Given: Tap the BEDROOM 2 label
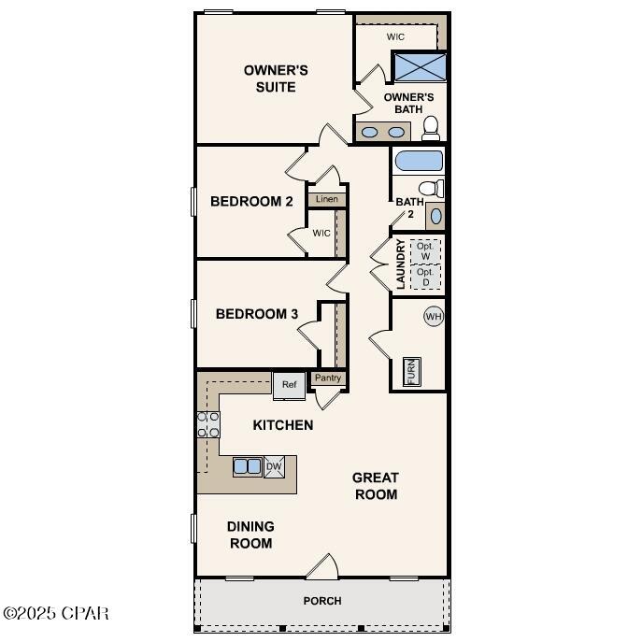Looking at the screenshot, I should click(251, 201).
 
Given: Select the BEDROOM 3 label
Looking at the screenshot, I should click(256, 314).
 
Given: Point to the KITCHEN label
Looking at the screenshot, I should click(282, 425).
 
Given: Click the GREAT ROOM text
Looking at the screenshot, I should click(376, 486).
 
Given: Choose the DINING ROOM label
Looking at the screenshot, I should click(250, 535).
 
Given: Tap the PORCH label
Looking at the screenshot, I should click(322, 601).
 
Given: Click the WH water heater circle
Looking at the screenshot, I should click(433, 317).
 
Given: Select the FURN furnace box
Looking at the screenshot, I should click(411, 371).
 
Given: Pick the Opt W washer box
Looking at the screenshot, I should click(425, 250).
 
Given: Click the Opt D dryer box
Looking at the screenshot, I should click(425, 277).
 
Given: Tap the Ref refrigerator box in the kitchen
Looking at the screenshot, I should click(289, 383).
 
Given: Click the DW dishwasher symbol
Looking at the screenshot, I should click(274, 466).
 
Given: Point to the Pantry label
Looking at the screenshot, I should click(327, 378).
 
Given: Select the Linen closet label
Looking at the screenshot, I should click(326, 199).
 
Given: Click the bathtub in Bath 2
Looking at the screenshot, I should click(419, 161).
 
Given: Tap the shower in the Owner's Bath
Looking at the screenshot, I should click(419, 67).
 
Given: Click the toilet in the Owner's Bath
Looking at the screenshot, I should click(431, 126).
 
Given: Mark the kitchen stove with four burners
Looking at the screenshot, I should click(207, 425).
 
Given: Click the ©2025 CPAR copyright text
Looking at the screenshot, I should click(56, 614).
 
